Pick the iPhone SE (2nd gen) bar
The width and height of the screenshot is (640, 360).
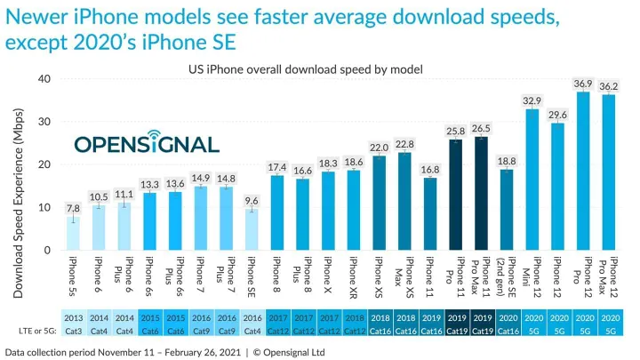point(507,210)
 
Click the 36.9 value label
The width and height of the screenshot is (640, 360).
point(583,84)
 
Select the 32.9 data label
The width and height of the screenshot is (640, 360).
point(532,100)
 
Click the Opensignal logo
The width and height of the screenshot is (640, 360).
point(146,144)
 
